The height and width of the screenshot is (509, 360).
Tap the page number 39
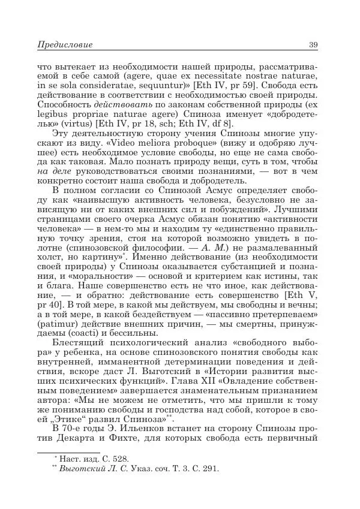tap(313, 45)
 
